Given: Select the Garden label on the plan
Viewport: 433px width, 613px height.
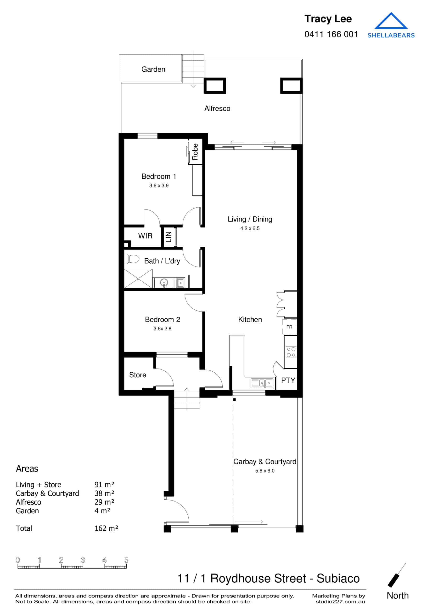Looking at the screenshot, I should pyautogui.click(x=153, y=69).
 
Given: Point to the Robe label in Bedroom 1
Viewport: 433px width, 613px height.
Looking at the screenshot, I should pyautogui.click(x=195, y=152).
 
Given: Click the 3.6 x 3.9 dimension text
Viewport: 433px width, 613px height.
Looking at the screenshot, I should pyautogui.click(x=159, y=186).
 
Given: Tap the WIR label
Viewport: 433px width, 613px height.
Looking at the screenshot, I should pyautogui.click(x=145, y=236).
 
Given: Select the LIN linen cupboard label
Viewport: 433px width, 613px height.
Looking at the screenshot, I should pyautogui.click(x=169, y=237).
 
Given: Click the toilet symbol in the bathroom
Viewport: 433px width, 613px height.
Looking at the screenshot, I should pyautogui.click(x=132, y=259).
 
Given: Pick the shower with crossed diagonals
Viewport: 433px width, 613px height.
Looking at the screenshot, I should pyautogui.click(x=138, y=278).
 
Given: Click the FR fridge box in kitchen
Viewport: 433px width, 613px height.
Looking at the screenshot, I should pyautogui.click(x=289, y=327).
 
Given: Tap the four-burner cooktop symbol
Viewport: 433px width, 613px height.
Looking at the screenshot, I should pyautogui.click(x=291, y=352).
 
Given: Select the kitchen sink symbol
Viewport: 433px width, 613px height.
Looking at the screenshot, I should pyautogui.click(x=262, y=383).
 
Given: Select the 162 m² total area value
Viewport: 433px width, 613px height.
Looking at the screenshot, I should pyautogui.click(x=106, y=528).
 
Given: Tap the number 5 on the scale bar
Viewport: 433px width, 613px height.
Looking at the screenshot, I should pyautogui.click(x=126, y=560).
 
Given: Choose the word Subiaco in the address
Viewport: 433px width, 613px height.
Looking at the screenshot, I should pyautogui.click(x=338, y=578).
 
